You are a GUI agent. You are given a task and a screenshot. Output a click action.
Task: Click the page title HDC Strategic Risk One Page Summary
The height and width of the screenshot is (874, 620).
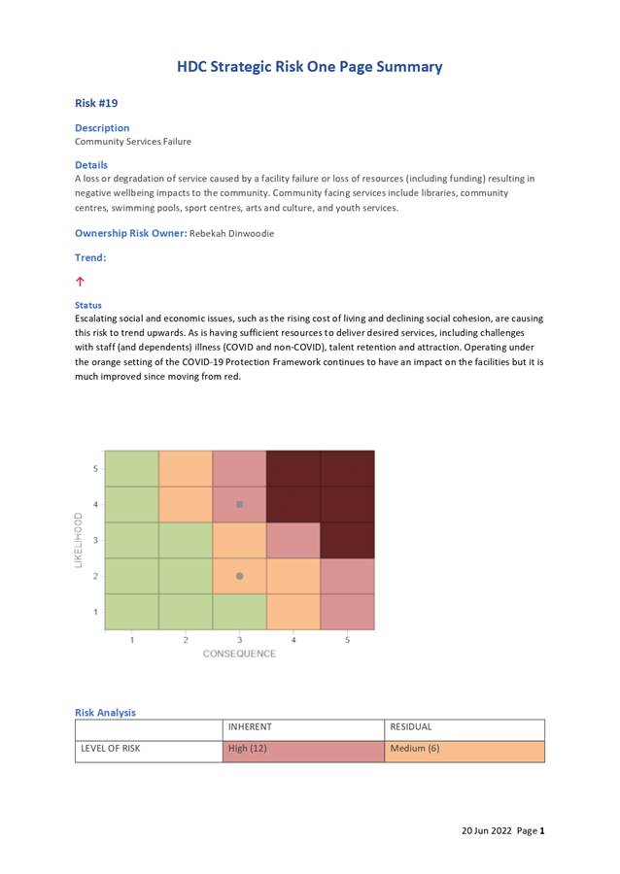309,67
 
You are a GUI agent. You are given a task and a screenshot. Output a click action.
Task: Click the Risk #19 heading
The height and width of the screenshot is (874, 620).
96,103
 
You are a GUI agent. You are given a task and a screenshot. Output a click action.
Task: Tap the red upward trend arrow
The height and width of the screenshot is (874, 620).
80,282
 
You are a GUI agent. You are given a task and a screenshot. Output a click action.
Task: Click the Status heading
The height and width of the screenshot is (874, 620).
88,305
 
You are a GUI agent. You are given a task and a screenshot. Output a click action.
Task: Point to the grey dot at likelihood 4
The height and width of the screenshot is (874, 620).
240,505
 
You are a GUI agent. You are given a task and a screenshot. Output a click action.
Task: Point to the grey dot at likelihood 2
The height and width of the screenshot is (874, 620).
240,576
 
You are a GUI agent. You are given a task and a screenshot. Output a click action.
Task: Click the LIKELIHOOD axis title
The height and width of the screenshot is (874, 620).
80,540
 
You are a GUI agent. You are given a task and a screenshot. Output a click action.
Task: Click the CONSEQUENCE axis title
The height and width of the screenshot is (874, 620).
239,654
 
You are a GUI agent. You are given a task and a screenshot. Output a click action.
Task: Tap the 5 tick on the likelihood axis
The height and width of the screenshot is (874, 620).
95,469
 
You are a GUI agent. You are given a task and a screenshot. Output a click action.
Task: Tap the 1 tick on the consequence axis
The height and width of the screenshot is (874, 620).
132,640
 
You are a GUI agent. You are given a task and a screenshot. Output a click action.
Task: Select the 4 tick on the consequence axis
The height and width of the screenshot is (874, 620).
293,640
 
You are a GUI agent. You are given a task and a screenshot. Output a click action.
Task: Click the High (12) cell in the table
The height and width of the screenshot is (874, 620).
303,749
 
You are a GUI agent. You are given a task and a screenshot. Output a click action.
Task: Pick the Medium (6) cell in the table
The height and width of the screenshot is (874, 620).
465,749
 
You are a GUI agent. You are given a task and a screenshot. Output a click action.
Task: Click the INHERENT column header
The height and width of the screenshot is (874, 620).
250,726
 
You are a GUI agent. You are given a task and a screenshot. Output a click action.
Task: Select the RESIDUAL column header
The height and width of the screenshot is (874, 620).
411,726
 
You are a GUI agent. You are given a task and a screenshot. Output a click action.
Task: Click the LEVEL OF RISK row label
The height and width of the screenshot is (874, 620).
111,749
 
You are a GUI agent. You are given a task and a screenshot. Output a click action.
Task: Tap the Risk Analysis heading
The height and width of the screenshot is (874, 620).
105,712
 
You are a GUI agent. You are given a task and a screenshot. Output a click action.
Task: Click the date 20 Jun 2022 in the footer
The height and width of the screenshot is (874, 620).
486,831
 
